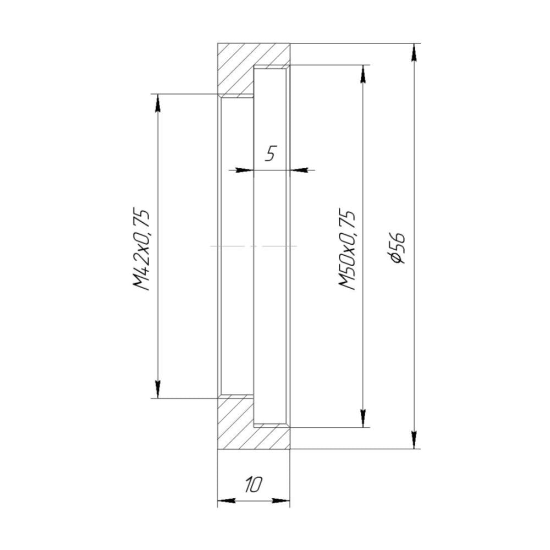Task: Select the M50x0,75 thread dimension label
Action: [x=347, y=249]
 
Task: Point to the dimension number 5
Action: [x=271, y=153]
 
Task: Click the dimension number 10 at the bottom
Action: [x=254, y=484]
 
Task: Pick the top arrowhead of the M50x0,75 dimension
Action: [x=364, y=74]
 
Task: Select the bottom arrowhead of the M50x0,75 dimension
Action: [x=364, y=418]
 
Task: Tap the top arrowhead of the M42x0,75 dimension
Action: [x=157, y=103]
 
